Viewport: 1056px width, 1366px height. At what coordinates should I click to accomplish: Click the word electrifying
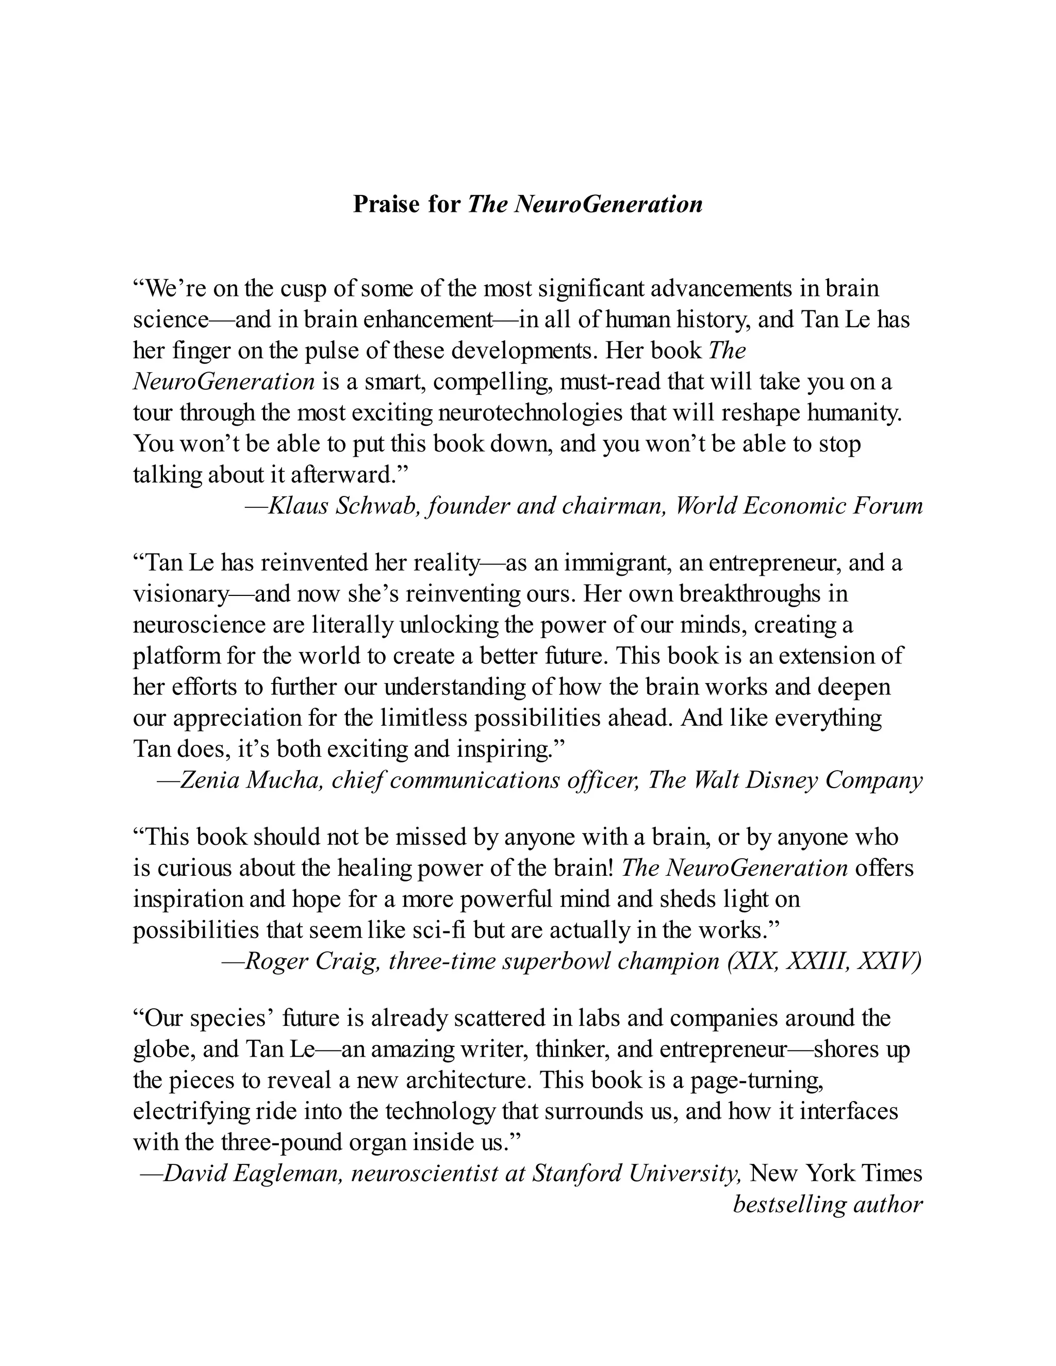(191, 1111)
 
